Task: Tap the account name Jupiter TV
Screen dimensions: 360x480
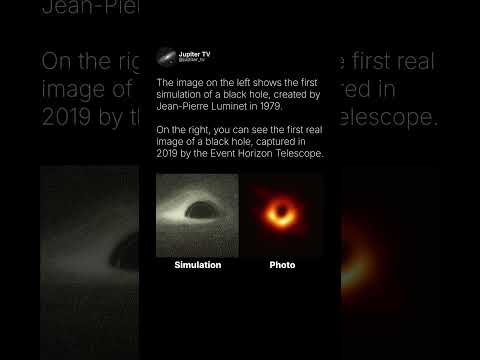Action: coord(193,53)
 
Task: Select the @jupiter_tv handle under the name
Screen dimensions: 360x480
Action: coord(190,60)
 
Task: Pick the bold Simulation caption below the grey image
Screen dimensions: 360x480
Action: coord(197,265)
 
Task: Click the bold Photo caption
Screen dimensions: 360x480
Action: coord(282,265)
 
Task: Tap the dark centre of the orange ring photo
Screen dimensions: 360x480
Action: coord(283,213)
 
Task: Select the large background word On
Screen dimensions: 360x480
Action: coord(57,62)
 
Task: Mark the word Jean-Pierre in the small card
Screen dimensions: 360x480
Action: coord(183,107)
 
